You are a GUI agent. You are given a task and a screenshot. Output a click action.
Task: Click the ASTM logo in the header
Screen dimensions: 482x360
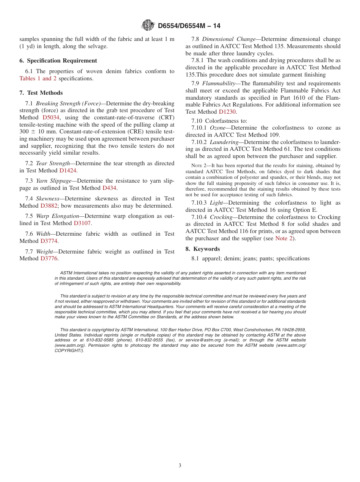pyautogui.click(x=148, y=25)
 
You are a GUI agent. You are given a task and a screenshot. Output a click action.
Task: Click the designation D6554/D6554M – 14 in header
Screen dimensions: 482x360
pyautogui.click(x=189, y=26)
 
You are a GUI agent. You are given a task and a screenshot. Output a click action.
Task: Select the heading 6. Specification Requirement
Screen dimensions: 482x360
pyautogui.click(x=58, y=61)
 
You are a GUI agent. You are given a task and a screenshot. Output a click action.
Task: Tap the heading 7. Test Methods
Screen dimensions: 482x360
pyautogui.click(x=41, y=93)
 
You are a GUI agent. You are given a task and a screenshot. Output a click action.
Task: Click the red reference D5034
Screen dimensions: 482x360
pyautogui.click(x=51, y=117)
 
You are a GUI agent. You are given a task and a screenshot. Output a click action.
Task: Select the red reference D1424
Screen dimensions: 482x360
pyautogui.click(x=68, y=171)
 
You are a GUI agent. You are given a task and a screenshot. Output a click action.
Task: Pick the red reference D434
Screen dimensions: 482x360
pyautogui.click(x=110, y=188)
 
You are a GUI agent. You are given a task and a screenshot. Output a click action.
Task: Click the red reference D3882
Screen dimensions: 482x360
pyautogui.click(x=49, y=206)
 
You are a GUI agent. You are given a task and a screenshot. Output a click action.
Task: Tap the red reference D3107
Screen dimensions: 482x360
pyautogui.click(x=82, y=223)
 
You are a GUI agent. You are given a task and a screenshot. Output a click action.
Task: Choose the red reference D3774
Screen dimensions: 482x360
pyautogui.click(x=49, y=241)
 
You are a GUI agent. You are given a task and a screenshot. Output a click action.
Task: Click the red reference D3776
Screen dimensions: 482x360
pyautogui.click(x=49, y=258)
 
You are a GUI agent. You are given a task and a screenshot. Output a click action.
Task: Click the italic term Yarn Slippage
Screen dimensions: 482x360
pyautogui.click(x=53, y=181)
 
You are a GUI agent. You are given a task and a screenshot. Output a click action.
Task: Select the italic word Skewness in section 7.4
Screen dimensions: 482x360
pyautogui.click(x=48, y=199)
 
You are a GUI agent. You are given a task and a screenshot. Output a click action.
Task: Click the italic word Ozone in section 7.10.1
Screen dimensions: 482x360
pyautogui.click(x=218, y=128)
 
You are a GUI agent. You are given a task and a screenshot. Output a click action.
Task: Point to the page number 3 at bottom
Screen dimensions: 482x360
pyautogui.click(x=180, y=466)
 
